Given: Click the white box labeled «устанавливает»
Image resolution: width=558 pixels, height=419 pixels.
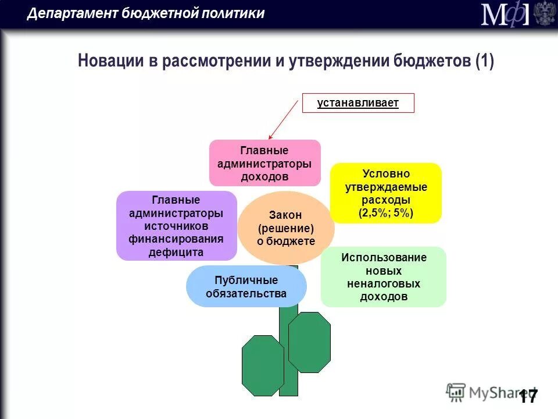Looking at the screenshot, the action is pos(358,103).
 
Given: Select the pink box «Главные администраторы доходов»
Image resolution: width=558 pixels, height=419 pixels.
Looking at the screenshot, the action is pos(264,163).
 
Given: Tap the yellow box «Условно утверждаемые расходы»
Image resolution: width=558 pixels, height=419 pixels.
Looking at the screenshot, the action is pos(386,193).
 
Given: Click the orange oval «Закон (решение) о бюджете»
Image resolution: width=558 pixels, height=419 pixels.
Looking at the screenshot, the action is pos(286,228).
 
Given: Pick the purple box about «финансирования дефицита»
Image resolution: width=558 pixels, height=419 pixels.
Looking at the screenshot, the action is pos(176,226).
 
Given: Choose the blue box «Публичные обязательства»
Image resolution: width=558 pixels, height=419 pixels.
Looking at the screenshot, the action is pos(246,286).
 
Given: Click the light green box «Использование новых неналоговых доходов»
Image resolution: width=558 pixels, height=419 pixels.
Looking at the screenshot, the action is pos(384,277).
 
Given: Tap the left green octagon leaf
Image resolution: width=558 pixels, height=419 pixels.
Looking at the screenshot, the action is pos(263,365).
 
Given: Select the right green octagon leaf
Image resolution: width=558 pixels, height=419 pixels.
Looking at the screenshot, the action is pos(309,342).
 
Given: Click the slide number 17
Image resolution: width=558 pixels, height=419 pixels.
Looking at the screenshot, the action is pos(528,397).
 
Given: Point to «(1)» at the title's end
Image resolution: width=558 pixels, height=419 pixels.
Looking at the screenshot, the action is pos(484,61).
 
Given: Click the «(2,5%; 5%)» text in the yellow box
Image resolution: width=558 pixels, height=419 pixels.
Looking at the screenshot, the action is pos(386,213).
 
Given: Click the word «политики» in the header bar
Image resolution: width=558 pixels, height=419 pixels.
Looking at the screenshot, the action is pos(233,13).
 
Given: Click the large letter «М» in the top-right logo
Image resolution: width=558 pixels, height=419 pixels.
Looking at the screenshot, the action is pos(493,14).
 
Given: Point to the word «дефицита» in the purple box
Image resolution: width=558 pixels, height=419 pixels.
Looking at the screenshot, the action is pos(176,253).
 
